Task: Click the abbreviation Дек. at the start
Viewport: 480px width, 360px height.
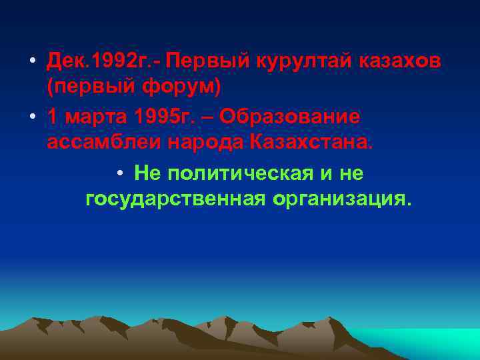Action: [x=67, y=61]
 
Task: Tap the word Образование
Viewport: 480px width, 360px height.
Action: [x=290, y=116]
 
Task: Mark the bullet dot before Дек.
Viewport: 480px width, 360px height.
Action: [x=33, y=61]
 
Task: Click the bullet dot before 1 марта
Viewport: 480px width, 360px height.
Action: [x=33, y=117]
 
